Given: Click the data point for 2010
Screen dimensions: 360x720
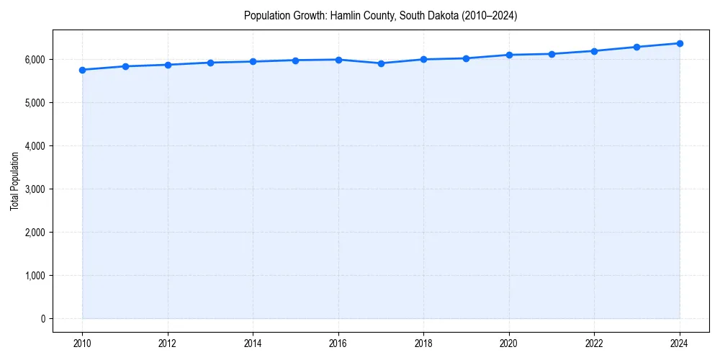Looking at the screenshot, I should tap(82, 70).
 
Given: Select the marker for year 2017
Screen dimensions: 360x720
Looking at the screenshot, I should tap(381, 63).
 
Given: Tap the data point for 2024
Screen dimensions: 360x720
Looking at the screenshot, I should tap(680, 43).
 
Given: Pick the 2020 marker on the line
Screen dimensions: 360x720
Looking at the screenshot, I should tap(509, 55).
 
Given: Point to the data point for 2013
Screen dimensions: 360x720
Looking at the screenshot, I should tap(210, 63).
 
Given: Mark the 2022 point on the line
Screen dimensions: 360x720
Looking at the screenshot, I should tap(594, 51).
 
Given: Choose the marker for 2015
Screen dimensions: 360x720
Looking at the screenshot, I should tap(295, 60).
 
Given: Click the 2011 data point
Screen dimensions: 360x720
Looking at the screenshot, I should tap(125, 66).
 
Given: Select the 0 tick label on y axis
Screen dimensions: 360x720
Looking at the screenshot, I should tap(42, 319).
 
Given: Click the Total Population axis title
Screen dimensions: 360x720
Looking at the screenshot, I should tap(14, 181).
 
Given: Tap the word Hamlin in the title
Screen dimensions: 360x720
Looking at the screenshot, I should tap(344, 15).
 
